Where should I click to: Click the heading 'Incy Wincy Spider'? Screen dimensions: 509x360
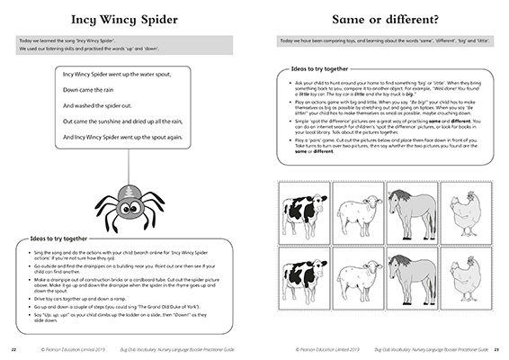coord(126,18)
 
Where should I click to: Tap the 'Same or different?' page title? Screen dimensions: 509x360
coord(383,18)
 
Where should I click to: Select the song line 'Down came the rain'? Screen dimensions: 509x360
coord(94,90)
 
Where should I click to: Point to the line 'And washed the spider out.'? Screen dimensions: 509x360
coord(105,105)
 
